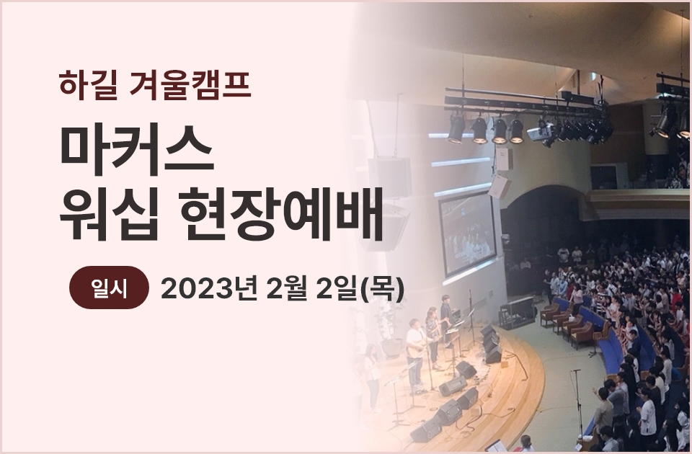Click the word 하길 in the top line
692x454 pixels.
[89, 83]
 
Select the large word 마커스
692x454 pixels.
[137, 151]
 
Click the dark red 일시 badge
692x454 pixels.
[109, 288]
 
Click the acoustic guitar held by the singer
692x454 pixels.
[417, 349]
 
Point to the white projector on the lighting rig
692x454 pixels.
[541, 132]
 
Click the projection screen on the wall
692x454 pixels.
[467, 234]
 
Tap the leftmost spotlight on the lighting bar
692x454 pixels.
[456, 128]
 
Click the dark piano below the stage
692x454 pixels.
[516, 311]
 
